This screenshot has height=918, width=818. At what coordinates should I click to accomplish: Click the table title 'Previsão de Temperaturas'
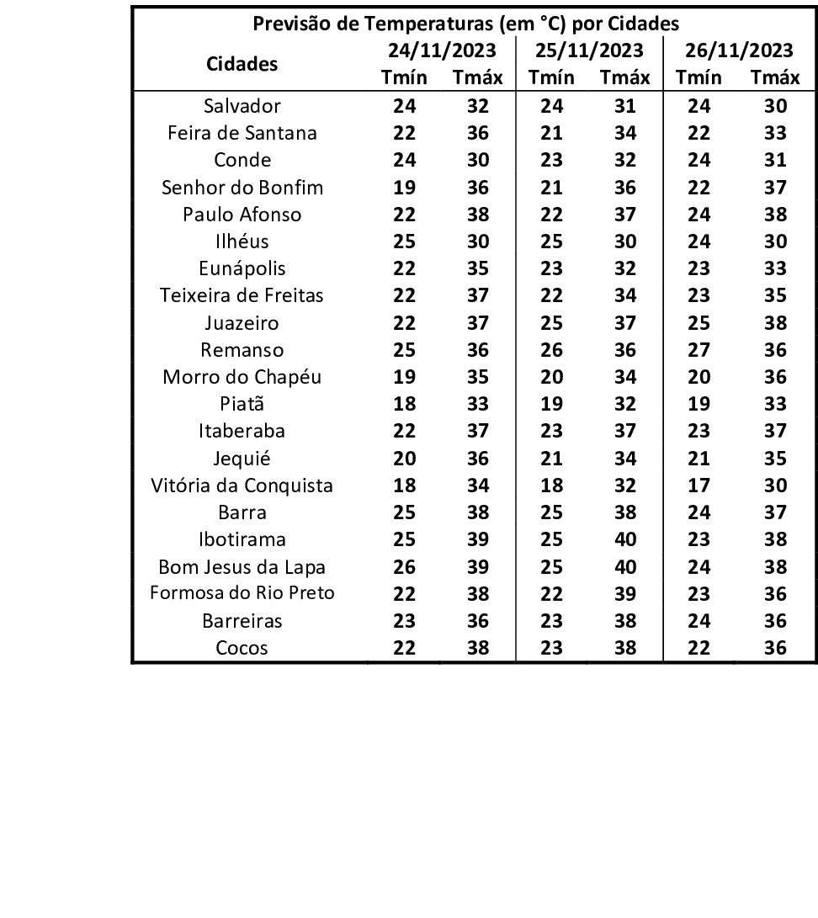466,23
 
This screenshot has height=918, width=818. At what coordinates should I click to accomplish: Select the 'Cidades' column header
242,64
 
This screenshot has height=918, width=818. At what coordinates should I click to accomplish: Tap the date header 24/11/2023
441,50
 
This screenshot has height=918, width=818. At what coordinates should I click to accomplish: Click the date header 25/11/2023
589,50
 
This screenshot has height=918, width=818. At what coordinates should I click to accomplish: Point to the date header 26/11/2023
739,50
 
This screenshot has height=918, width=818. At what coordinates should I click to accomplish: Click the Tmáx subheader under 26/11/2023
775,78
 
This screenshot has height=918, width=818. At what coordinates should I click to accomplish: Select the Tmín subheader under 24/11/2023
405,78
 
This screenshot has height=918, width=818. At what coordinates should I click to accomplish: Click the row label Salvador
242,106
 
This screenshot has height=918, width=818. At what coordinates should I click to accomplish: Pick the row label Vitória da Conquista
242,486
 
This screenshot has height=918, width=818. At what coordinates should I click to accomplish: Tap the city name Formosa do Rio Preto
242,593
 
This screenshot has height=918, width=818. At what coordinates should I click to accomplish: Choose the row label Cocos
242,648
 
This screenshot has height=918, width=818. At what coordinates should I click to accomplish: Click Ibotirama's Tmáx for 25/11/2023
625,539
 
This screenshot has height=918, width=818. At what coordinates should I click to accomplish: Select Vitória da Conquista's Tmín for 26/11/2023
699,486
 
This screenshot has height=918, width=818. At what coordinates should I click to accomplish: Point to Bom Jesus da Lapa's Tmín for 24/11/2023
405,566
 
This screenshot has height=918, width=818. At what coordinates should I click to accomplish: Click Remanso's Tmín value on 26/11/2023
699,350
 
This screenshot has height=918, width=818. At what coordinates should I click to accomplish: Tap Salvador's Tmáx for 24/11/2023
477,106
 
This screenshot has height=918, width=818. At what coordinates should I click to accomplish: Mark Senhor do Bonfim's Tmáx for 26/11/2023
775,187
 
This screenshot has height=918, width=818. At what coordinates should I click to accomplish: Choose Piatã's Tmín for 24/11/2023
405,404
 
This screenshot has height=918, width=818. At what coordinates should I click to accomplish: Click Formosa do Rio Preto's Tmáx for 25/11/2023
625,593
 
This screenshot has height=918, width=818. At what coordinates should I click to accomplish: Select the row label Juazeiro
242,323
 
